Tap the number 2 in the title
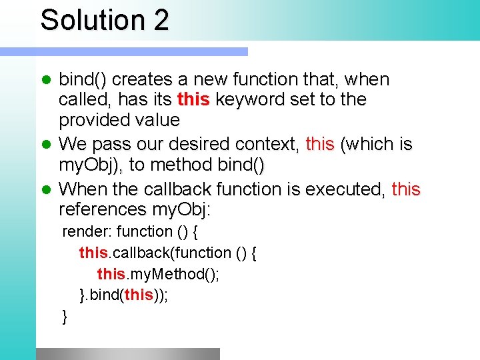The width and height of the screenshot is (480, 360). [x=161, y=20]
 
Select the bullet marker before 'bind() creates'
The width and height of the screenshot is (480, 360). [x=47, y=80]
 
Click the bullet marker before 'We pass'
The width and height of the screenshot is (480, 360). [x=47, y=145]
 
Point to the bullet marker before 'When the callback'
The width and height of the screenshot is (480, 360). [x=47, y=190]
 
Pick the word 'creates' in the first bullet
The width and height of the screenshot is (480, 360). [x=141, y=79]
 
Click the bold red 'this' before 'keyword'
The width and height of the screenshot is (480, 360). [x=193, y=100]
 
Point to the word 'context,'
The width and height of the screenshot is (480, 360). [x=269, y=144]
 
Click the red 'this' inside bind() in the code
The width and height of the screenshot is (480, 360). [x=139, y=295]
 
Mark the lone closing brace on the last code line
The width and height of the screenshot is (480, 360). [x=65, y=317]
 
